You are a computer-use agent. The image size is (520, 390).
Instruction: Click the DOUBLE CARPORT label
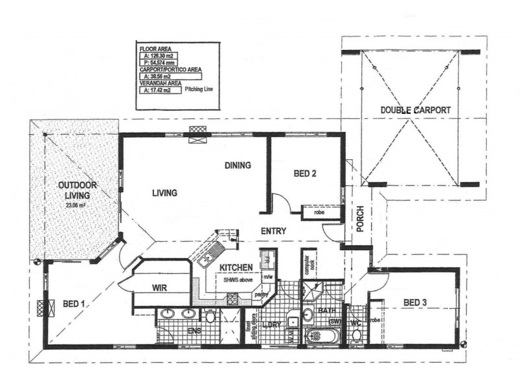(415, 110)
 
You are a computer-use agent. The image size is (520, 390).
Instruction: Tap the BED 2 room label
(305, 174)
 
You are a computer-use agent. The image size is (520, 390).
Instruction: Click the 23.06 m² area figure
(77, 205)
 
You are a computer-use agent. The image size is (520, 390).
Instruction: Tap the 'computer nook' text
(307, 266)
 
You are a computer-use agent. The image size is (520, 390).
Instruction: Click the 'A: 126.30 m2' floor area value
(159, 57)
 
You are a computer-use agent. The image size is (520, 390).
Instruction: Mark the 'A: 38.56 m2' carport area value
(158, 76)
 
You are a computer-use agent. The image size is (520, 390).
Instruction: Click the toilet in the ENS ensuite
(210, 317)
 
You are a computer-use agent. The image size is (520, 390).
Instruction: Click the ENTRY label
(275, 231)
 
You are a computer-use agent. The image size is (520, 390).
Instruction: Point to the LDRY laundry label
(269, 326)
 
